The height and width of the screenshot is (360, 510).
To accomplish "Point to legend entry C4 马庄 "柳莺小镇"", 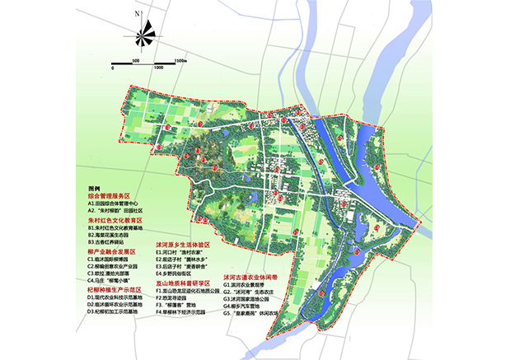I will [110, 283].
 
